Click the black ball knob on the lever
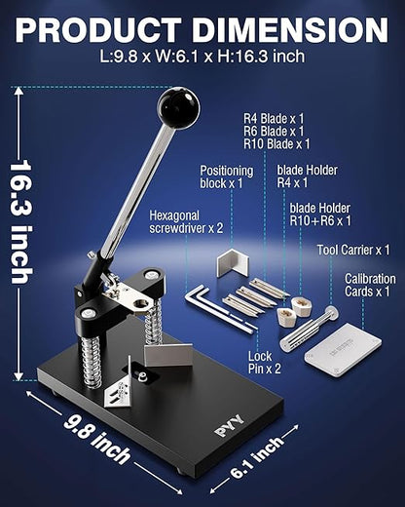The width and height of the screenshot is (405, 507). (x=178, y=107)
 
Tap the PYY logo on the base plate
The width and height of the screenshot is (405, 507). (x=230, y=425)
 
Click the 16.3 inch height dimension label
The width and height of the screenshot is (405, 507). (x=21, y=221)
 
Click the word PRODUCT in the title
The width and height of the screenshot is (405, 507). (x=98, y=30)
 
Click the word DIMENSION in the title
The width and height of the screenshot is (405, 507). (x=290, y=30)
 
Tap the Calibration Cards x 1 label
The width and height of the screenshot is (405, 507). (x=370, y=285)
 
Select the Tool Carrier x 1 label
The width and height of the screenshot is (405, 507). (x=353, y=250)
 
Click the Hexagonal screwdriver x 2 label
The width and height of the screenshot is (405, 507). (x=186, y=221)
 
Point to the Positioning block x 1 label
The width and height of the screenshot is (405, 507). (x=227, y=176)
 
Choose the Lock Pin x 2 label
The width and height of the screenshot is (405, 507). (x=265, y=363)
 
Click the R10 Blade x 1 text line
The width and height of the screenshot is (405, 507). (x=276, y=144)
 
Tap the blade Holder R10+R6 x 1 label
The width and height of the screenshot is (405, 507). (x=320, y=214)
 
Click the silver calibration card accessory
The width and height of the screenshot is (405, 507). (x=343, y=350)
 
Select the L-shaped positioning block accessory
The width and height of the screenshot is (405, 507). (x=233, y=263)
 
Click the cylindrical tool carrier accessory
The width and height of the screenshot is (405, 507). (x=309, y=329)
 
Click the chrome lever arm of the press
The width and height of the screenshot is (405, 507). (x=137, y=192)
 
